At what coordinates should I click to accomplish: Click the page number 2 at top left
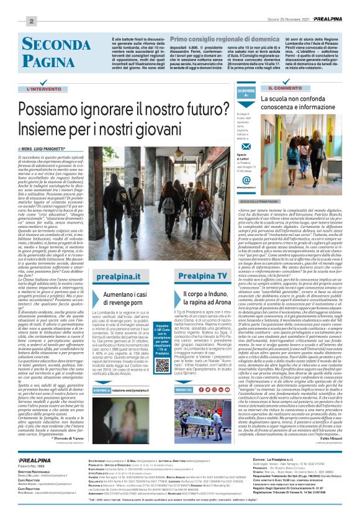coord(13,22)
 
